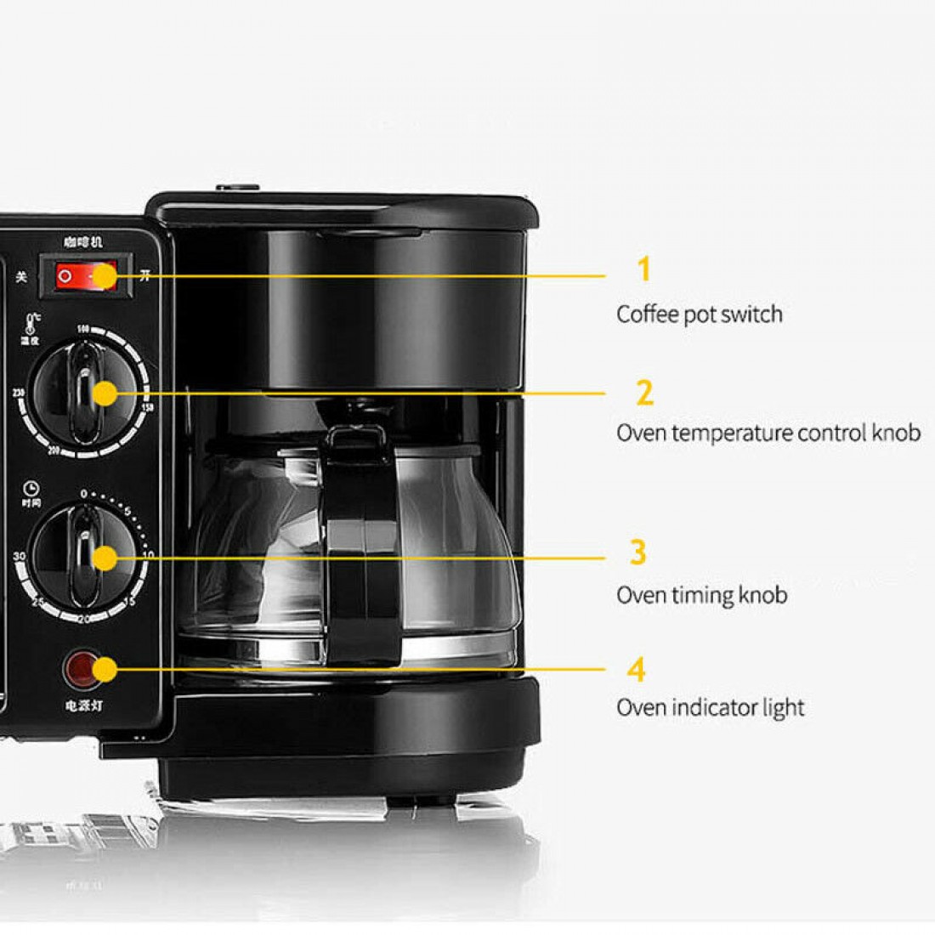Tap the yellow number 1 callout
pyautogui.click(x=643, y=269)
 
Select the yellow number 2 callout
pyautogui.click(x=644, y=394)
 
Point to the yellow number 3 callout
pyautogui.click(x=637, y=552)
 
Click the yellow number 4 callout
pyautogui.click(x=637, y=670)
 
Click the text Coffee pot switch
pyautogui.click(x=699, y=314)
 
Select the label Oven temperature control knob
pyautogui.click(x=768, y=433)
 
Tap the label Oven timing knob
pyautogui.click(x=701, y=595)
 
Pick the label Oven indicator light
pyautogui.click(x=710, y=707)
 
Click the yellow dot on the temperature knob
pyautogui.click(x=105, y=394)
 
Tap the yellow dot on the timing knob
pyautogui.click(x=105, y=558)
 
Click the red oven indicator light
pyautogui.click(x=82, y=670)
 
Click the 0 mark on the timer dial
pyautogui.click(x=83, y=494)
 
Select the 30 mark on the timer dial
pyautogui.click(x=19, y=556)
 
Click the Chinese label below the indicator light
pyautogui.click(x=83, y=705)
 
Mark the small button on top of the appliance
pyautogui.click(x=237, y=188)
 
